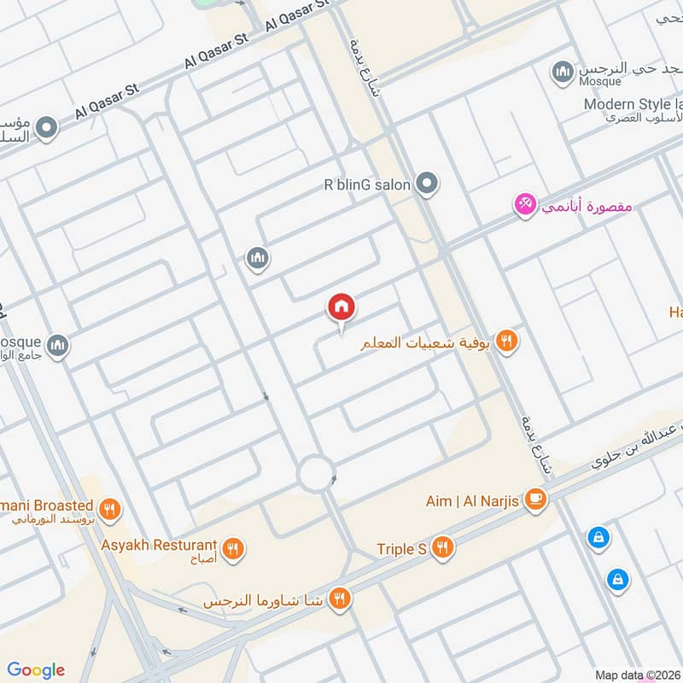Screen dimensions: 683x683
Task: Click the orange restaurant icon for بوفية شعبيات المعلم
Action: tap(507, 341)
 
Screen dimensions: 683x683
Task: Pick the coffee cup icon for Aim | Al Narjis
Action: tap(535, 500)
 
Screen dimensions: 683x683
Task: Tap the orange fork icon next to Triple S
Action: tap(441, 548)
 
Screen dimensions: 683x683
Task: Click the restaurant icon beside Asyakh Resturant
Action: tap(232, 546)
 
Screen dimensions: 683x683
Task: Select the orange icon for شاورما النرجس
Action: tap(340, 600)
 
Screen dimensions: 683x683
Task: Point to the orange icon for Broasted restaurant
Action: tap(109, 511)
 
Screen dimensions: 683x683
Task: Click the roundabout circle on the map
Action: tap(315, 473)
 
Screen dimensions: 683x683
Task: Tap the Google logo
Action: tap(35, 670)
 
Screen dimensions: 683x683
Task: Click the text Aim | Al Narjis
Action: tap(472, 501)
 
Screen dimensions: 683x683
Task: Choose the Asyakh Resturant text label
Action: tap(158, 545)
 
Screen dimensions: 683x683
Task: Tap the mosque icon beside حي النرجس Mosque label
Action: tap(562, 73)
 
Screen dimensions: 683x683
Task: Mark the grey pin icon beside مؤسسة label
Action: tap(47, 129)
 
